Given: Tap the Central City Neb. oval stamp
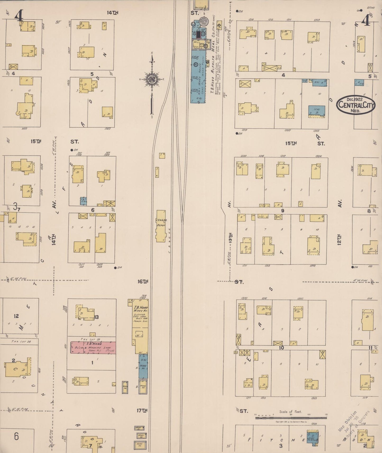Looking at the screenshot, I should [x=356, y=105].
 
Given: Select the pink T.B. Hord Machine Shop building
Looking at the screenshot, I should [x=93, y=347].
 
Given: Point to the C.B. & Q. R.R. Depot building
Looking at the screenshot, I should [x=161, y=226].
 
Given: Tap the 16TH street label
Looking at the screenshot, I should [x=142, y=281].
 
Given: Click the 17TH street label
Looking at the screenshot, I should [x=142, y=410].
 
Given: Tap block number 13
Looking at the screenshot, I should [x=96, y=317].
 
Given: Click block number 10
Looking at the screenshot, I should [x=281, y=348].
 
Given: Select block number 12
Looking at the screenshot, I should [x=16, y=316].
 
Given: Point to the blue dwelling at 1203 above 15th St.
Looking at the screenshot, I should [x=316, y=111].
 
